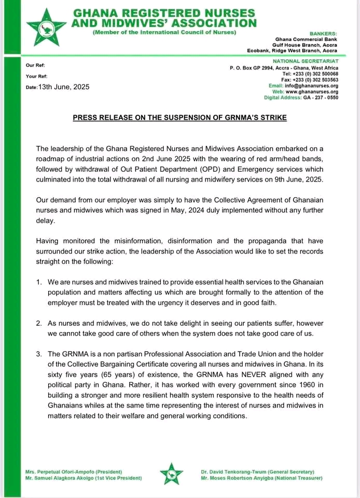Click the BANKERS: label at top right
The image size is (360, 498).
(324, 33)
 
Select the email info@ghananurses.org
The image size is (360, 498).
(311, 86)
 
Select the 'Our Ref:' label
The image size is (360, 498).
(35, 66)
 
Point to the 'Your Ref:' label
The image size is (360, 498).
(36, 76)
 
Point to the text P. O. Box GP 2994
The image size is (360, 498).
(250, 68)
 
